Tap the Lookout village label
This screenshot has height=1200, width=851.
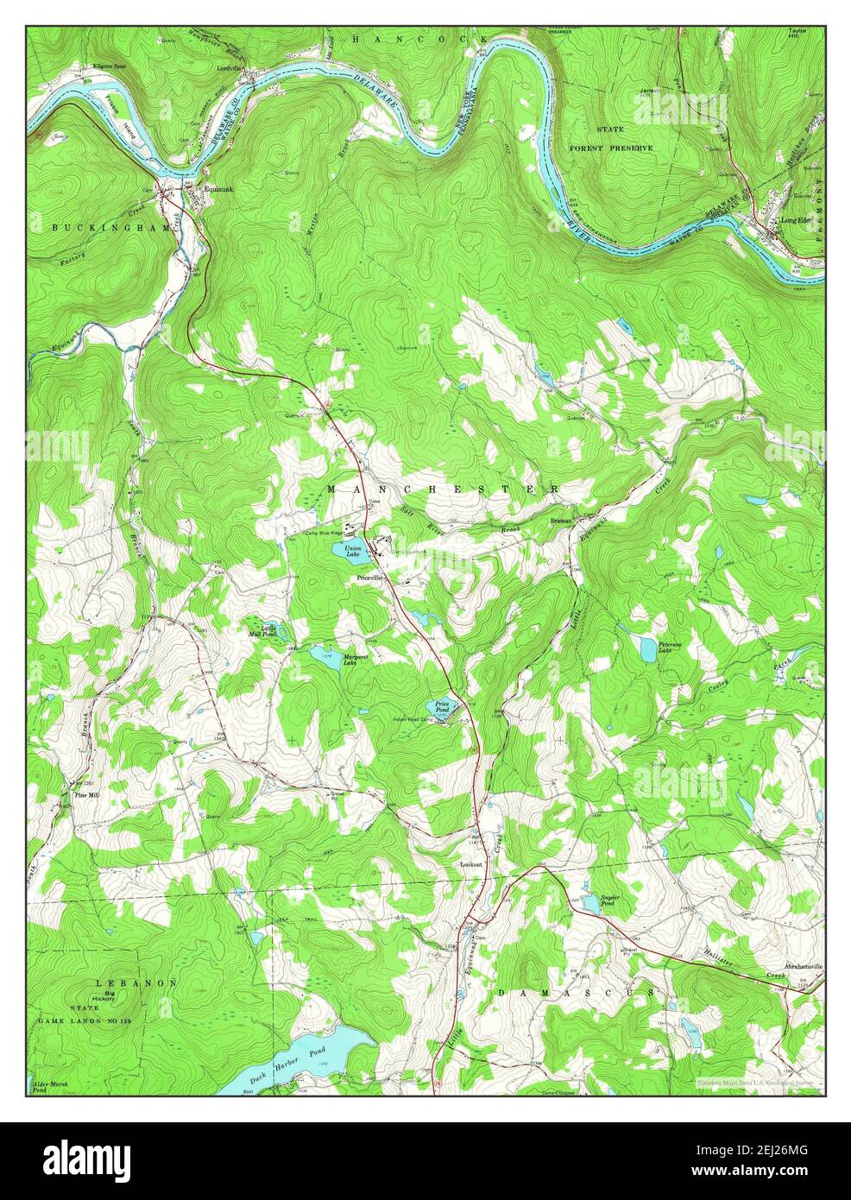tap(470, 862)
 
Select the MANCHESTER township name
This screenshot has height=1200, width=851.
tap(443, 489)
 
